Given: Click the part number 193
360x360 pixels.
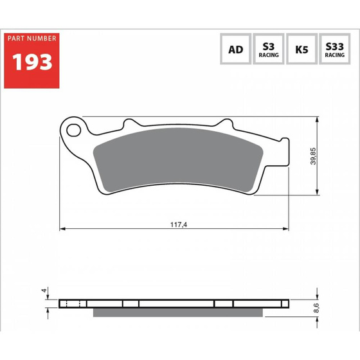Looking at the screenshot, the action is click(32, 62).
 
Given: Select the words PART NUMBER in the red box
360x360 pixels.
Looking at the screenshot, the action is click(32, 39).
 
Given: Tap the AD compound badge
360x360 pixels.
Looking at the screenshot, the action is click(235, 49).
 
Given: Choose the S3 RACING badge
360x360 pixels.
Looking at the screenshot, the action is click(269, 49).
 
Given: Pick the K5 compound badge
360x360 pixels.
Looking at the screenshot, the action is click(301, 49).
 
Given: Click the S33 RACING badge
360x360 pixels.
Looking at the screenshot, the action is click(335, 49).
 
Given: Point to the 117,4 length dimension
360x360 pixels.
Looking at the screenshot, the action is click(179, 224).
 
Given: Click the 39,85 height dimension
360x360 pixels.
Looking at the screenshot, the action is click(313, 156).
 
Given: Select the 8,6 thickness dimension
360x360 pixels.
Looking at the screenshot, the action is click(316, 308).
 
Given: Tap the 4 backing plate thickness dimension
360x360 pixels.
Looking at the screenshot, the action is click(44, 291).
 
